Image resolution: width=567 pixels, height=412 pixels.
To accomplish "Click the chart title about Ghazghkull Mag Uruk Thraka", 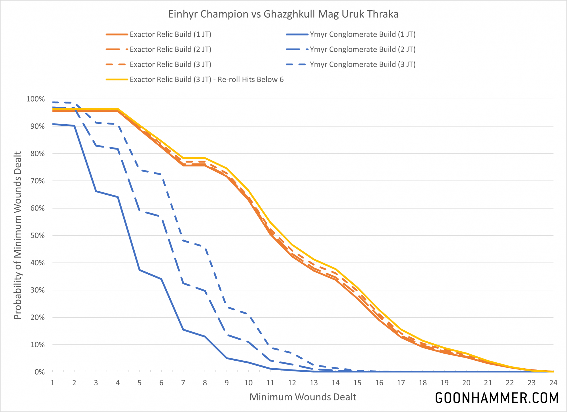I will [x=283, y=14].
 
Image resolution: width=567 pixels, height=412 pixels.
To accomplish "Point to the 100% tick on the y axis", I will [x=35, y=99].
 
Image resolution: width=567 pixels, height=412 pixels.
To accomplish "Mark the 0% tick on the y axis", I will [x=39, y=372].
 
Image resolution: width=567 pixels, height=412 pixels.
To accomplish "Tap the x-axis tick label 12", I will [x=292, y=383].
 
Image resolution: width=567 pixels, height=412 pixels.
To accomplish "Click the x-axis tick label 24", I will [x=553, y=383].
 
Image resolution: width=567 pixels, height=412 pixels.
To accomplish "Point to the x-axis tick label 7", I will [x=183, y=383].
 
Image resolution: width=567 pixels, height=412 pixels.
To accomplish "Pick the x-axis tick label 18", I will [x=423, y=383].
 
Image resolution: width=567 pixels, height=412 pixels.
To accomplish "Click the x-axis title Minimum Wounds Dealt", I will [x=303, y=397].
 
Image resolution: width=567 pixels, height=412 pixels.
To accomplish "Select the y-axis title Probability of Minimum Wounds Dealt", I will [x=18, y=236].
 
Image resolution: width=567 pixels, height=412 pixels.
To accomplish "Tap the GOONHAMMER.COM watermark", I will [x=497, y=398].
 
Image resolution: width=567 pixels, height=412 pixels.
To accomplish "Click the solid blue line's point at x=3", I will [x=96, y=191].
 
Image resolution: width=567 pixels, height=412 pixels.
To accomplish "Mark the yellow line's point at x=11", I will [x=270, y=222].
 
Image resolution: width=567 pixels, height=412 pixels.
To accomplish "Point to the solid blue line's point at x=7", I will [x=183, y=330].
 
